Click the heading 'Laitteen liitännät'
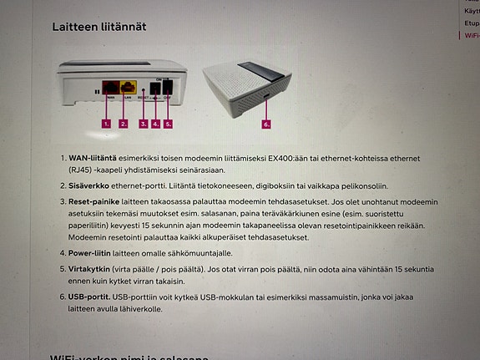pyautogui.click(x=100, y=28)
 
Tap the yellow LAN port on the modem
pyautogui.click(x=128, y=86)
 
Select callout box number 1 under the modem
pyautogui.click(x=106, y=123)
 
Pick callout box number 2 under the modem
pyautogui.click(x=124, y=123)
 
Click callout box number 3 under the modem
pyautogui.click(x=144, y=123)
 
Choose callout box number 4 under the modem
pyautogui.click(x=155, y=123)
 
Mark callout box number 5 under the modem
pyautogui.click(x=168, y=123)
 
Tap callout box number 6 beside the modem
pyautogui.click(x=267, y=124)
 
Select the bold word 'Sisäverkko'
pyautogui.click(x=91, y=186)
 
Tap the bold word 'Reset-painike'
pyautogui.click(x=96, y=202)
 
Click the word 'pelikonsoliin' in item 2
pyautogui.click(x=386, y=186)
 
